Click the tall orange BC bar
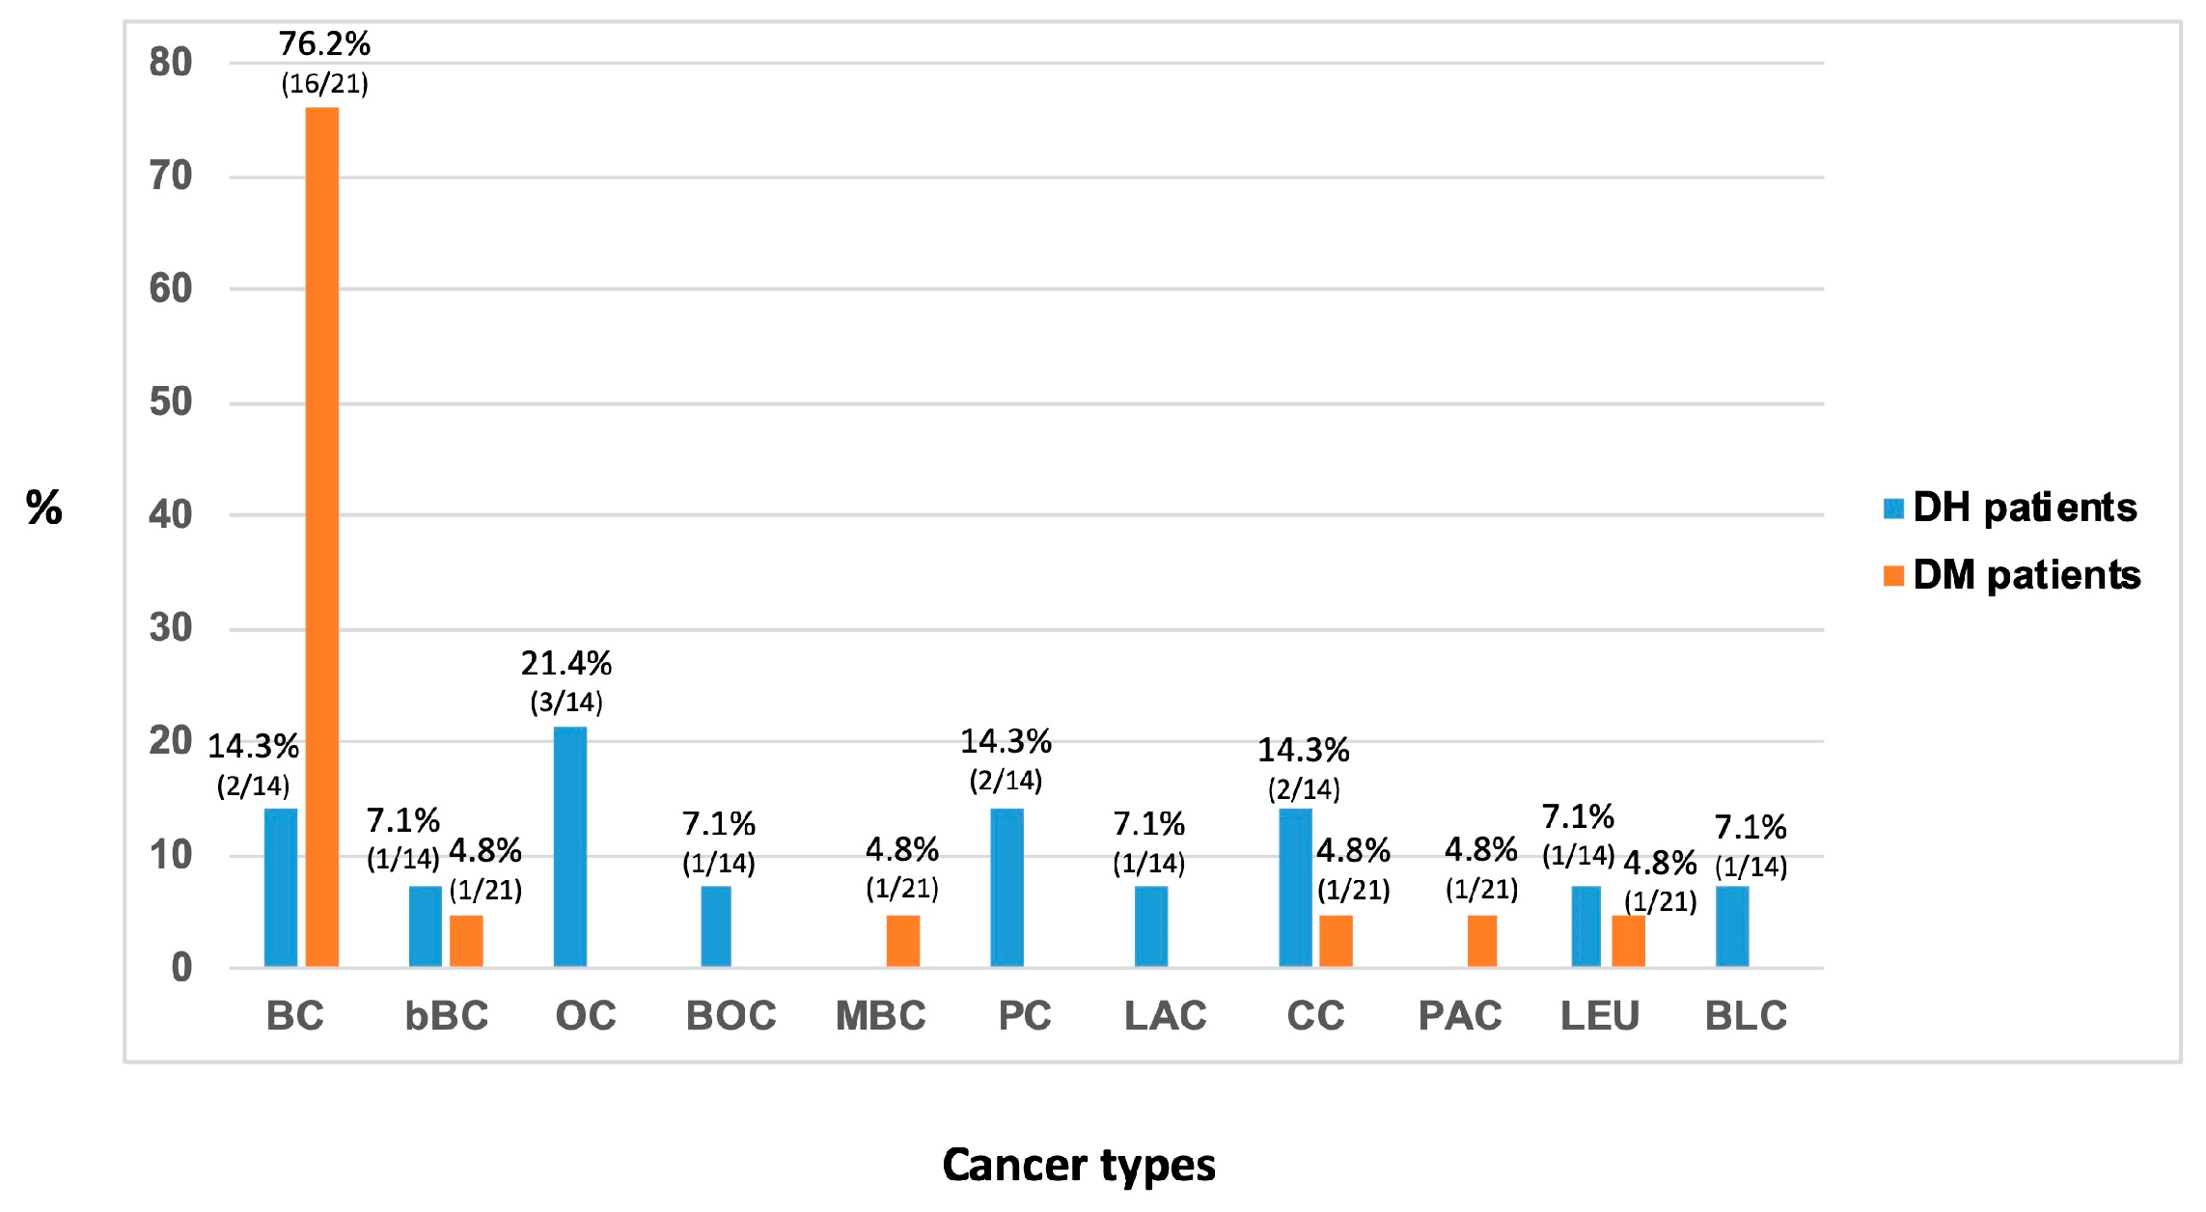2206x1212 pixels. (x=322, y=537)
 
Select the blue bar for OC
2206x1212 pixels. (x=569, y=846)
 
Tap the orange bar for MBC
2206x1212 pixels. (x=902, y=941)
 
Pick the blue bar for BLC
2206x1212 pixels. (x=1732, y=926)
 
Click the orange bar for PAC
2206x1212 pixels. (x=1481, y=941)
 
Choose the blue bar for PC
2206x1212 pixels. (x=1006, y=888)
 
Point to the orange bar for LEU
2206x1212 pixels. (x=1628, y=941)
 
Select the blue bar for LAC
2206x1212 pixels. (x=1150, y=926)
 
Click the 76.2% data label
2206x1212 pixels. (x=324, y=44)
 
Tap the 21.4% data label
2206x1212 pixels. (x=566, y=664)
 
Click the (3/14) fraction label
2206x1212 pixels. (x=566, y=702)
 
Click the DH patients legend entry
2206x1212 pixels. (x=2011, y=508)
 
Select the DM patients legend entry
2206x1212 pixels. (x=2013, y=575)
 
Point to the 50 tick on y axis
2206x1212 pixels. (x=171, y=402)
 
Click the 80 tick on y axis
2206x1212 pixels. (x=171, y=63)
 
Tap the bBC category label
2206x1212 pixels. (x=446, y=1016)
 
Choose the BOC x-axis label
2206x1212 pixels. (x=731, y=1016)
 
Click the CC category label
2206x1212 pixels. (x=1314, y=1016)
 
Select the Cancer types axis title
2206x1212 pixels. (x=1079, y=1165)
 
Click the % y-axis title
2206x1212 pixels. (x=43, y=508)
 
